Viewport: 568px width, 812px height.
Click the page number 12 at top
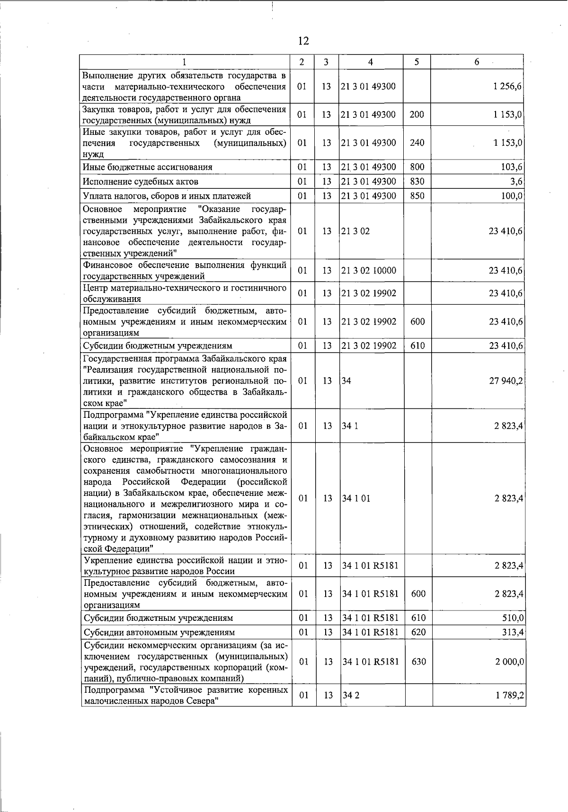coord(303,41)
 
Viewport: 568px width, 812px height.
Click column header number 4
coord(371,62)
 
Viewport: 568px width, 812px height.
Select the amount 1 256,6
coord(507,87)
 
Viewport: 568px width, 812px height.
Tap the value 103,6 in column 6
coord(511,167)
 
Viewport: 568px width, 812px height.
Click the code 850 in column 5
coord(417,196)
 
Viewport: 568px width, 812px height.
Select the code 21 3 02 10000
coord(368,271)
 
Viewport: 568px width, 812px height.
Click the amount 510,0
coord(512,618)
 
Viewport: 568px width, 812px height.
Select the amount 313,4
coord(512,633)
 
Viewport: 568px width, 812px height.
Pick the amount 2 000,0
coord(509,662)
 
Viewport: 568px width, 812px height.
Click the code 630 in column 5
coord(418,662)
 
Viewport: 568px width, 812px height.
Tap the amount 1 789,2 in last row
coord(509,696)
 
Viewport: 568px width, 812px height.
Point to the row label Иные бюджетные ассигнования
coord(148,167)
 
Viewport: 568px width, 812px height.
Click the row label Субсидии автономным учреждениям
coord(159,633)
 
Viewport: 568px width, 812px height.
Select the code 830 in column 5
coord(417,182)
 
